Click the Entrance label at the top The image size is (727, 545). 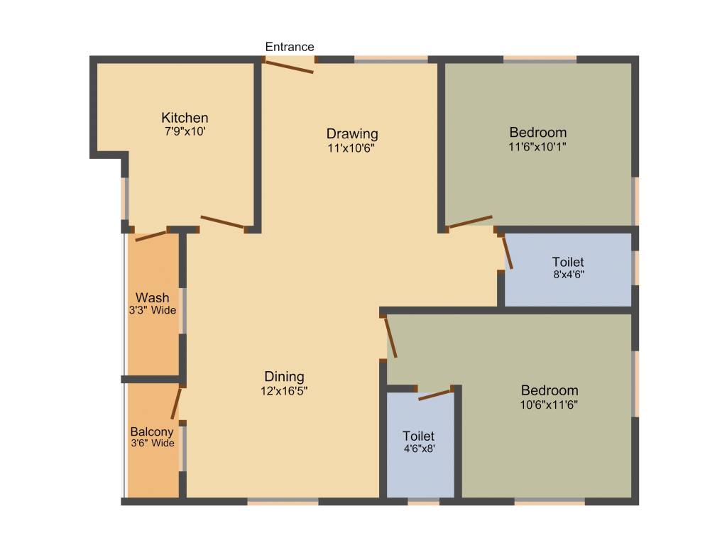[x=290, y=47]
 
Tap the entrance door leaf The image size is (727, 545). [x=289, y=65]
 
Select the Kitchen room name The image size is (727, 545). [x=185, y=118]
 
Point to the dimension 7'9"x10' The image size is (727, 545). [x=185, y=132]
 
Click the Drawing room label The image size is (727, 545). [x=352, y=133]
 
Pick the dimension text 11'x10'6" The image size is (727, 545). [x=351, y=148]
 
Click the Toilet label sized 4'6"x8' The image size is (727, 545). [x=419, y=436]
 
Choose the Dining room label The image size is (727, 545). [x=284, y=377]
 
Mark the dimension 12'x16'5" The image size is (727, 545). [x=284, y=391]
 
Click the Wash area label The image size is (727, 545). [x=153, y=297]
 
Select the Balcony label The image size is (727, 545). [x=152, y=431]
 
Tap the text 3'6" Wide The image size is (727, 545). [x=152, y=444]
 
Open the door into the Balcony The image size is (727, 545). [x=176, y=403]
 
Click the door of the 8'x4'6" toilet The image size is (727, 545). [x=507, y=251]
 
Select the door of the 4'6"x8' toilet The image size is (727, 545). [x=435, y=395]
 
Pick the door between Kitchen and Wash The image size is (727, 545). [x=151, y=236]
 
